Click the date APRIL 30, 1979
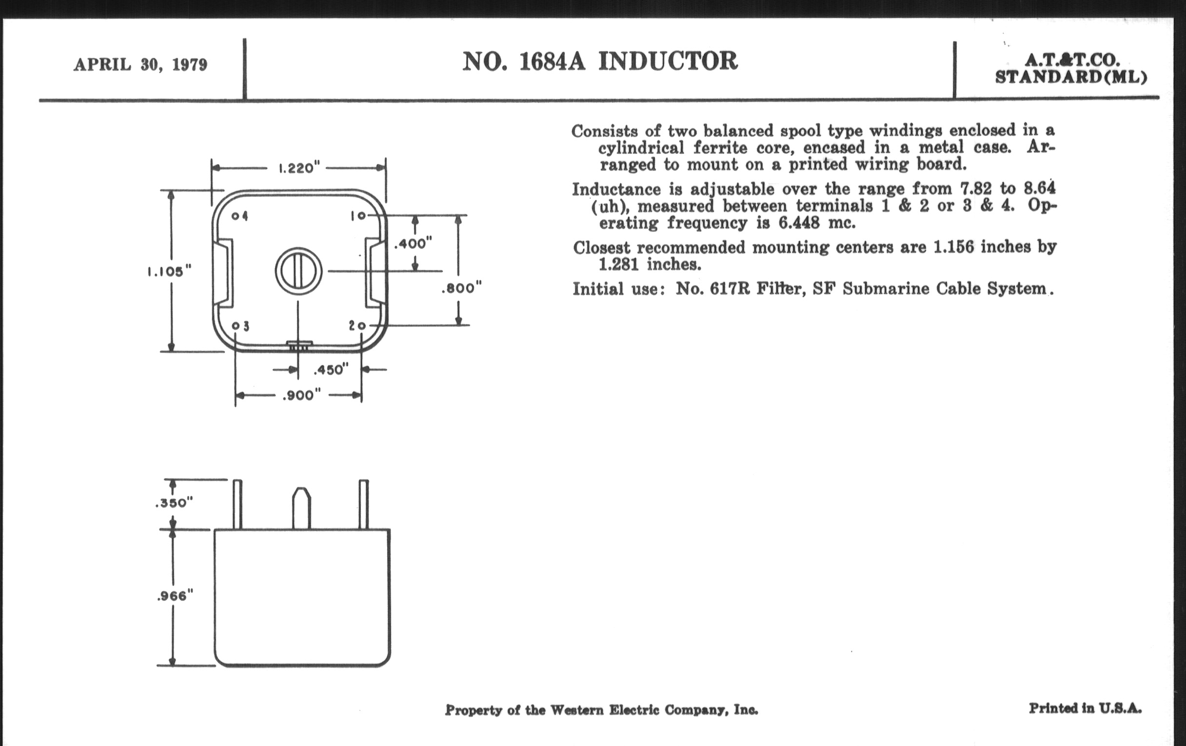[x=140, y=64]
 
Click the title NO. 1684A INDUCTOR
[x=599, y=62]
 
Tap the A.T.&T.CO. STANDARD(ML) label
[x=1071, y=69]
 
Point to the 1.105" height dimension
[x=169, y=271]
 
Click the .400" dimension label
[x=413, y=243]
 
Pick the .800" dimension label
[x=461, y=288]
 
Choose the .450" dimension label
[x=331, y=370]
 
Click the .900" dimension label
[x=301, y=395]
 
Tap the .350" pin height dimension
[x=174, y=503]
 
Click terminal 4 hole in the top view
[x=236, y=216]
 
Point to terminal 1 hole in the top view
[x=362, y=216]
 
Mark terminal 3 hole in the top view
[x=236, y=326]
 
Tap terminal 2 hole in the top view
[x=361, y=326]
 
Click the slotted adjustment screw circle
[x=298, y=271]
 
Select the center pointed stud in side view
[x=301, y=508]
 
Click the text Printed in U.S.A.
[x=1085, y=708]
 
